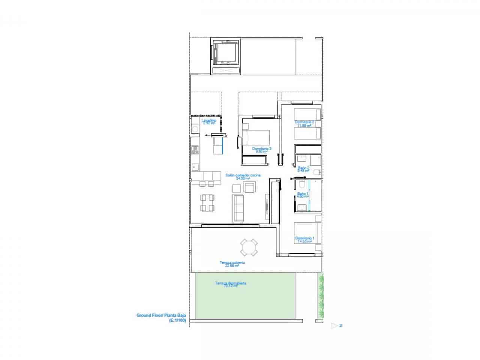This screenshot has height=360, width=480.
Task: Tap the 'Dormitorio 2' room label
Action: point(304,122)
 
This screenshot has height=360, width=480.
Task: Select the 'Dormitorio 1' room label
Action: point(304,238)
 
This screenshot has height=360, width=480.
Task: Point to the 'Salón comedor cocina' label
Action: point(243,175)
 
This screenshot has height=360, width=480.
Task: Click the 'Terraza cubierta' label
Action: point(232,262)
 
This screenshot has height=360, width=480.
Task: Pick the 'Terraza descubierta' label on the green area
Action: point(231,283)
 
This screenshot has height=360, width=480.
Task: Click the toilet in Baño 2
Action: point(316,172)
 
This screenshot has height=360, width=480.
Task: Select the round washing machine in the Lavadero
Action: point(195,129)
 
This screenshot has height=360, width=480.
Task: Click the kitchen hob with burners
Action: point(195,150)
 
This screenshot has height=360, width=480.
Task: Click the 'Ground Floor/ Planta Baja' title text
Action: point(161,316)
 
